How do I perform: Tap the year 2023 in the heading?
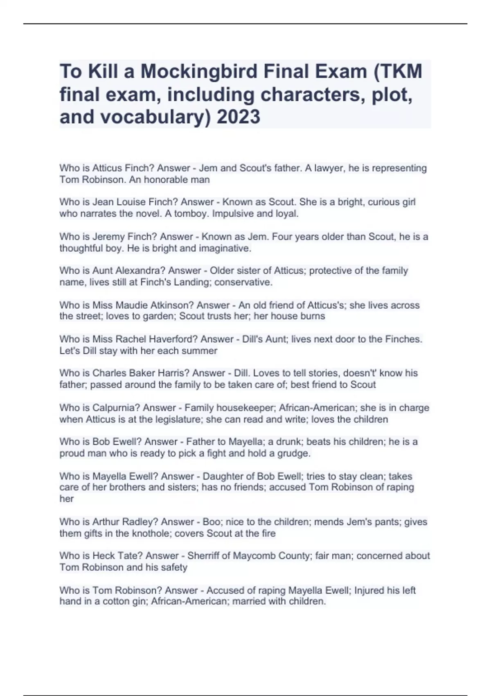pos(239,117)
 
